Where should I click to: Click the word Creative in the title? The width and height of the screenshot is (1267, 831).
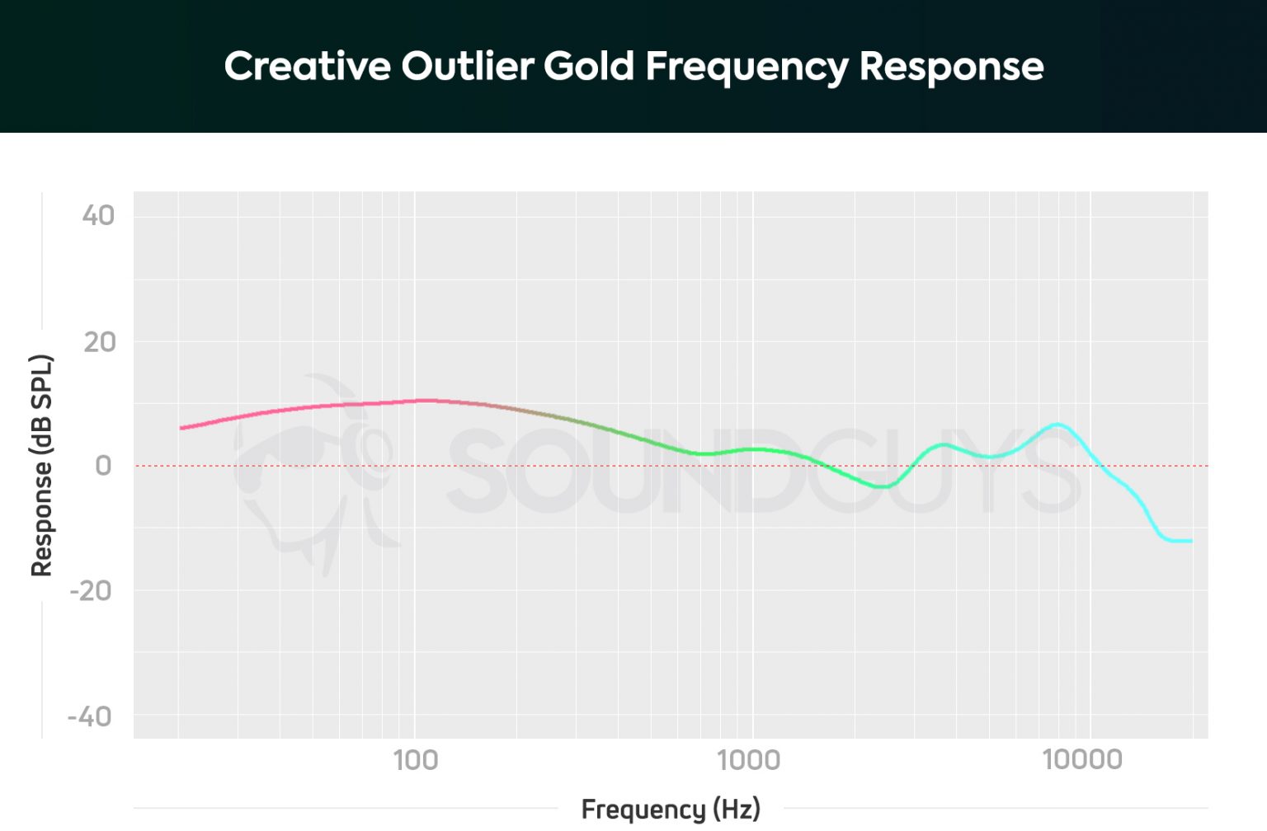(x=307, y=66)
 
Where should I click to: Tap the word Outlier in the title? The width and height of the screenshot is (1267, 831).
(x=468, y=66)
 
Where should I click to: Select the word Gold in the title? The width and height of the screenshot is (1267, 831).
(x=589, y=66)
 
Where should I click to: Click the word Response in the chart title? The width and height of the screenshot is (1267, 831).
(x=951, y=66)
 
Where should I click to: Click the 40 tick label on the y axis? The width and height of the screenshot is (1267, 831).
(x=98, y=216)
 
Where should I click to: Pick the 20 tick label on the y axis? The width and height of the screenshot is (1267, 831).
(x=100, y=341)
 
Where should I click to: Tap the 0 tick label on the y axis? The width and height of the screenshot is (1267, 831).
(x=103, y=466)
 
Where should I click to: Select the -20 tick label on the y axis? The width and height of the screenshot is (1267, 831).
(x=91, y=591)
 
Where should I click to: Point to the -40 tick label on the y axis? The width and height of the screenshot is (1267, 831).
(x=90, y=716)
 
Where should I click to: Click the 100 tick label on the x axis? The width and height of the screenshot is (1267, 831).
(x=415, y=760)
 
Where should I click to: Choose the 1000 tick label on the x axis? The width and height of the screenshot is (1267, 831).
(x=748, y=760)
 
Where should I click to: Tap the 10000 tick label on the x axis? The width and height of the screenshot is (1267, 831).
(x=1082, y=760)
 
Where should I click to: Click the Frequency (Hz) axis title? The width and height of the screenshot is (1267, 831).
(x=671, y=809)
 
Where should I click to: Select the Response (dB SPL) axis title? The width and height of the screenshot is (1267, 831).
(x=41, y=466)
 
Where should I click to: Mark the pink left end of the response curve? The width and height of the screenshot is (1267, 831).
(x=182, y=428)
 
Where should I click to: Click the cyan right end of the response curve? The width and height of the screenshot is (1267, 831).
(x=1190, y=541)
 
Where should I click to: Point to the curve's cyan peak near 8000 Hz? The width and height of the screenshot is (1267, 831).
(x=1057, y=425)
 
